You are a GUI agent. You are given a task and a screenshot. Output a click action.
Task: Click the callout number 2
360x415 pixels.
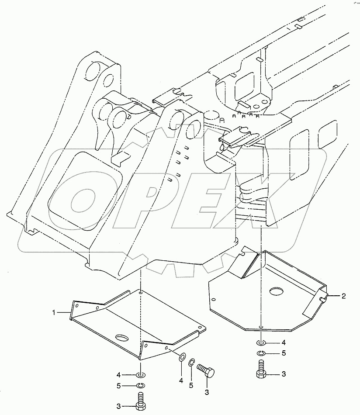click(343, 296)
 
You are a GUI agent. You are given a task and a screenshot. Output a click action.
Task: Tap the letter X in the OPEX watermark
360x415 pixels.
click(284, 192)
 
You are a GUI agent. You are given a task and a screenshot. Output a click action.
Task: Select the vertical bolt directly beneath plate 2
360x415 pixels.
click(260, 368)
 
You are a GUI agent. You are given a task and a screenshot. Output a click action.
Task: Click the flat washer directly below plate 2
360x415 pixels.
click(260, 342)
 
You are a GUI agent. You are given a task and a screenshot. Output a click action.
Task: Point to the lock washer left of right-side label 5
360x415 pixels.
click(260, 353)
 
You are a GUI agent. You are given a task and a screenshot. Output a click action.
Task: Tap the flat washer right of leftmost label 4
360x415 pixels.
click(140, 375)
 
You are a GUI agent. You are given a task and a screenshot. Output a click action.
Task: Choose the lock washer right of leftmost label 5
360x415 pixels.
click(140, 385)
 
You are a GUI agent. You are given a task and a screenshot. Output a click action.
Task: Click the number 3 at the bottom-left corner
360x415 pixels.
click(118, 406)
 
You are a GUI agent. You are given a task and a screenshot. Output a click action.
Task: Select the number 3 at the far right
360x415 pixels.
click(284, 374)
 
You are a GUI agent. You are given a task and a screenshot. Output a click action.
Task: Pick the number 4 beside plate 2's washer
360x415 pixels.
click(284, 342)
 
